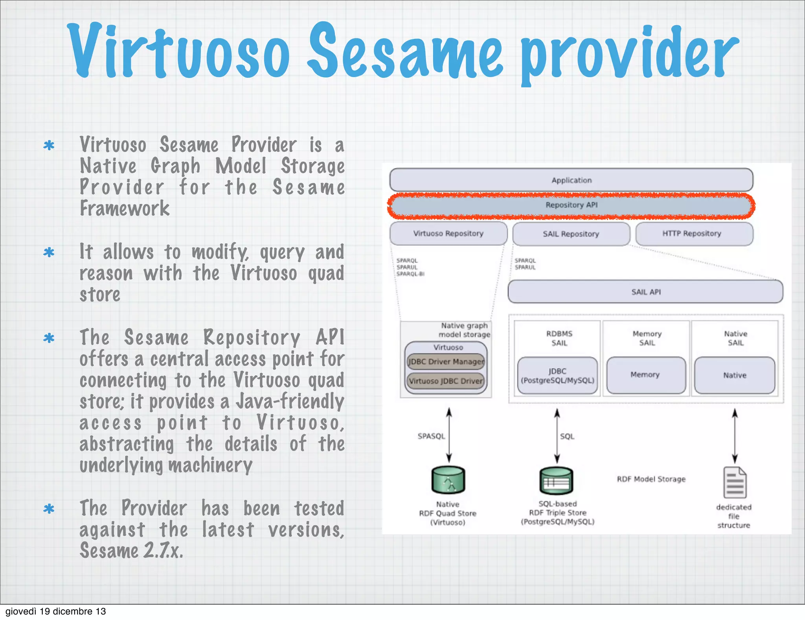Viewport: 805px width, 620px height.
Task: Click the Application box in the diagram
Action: point(571,180)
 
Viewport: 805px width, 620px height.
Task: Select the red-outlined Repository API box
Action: point(571,205)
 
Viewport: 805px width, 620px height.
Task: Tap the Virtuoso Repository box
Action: point(448,233)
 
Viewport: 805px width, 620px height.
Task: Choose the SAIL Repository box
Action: point(571,234)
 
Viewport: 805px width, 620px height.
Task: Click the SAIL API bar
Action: point(645,292)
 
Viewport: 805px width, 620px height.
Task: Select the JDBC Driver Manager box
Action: point(446,362)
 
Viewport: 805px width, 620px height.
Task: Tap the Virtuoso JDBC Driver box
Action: point(446,381)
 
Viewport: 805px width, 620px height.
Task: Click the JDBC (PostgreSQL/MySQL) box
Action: point(557,376)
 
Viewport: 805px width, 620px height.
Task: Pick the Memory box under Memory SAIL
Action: point(645,375)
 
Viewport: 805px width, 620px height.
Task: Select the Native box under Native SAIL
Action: point(735,375)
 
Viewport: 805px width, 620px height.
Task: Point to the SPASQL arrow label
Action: point(431,436)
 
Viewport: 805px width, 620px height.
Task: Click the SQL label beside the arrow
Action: point(567,436)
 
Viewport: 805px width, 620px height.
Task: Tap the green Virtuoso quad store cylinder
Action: point(448,480)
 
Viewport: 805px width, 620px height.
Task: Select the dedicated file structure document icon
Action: point(734,483)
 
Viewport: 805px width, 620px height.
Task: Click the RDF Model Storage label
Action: point(651,479)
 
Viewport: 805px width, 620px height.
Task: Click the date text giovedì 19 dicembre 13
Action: point(55,611)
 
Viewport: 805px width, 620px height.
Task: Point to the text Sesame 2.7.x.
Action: point(131,550)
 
